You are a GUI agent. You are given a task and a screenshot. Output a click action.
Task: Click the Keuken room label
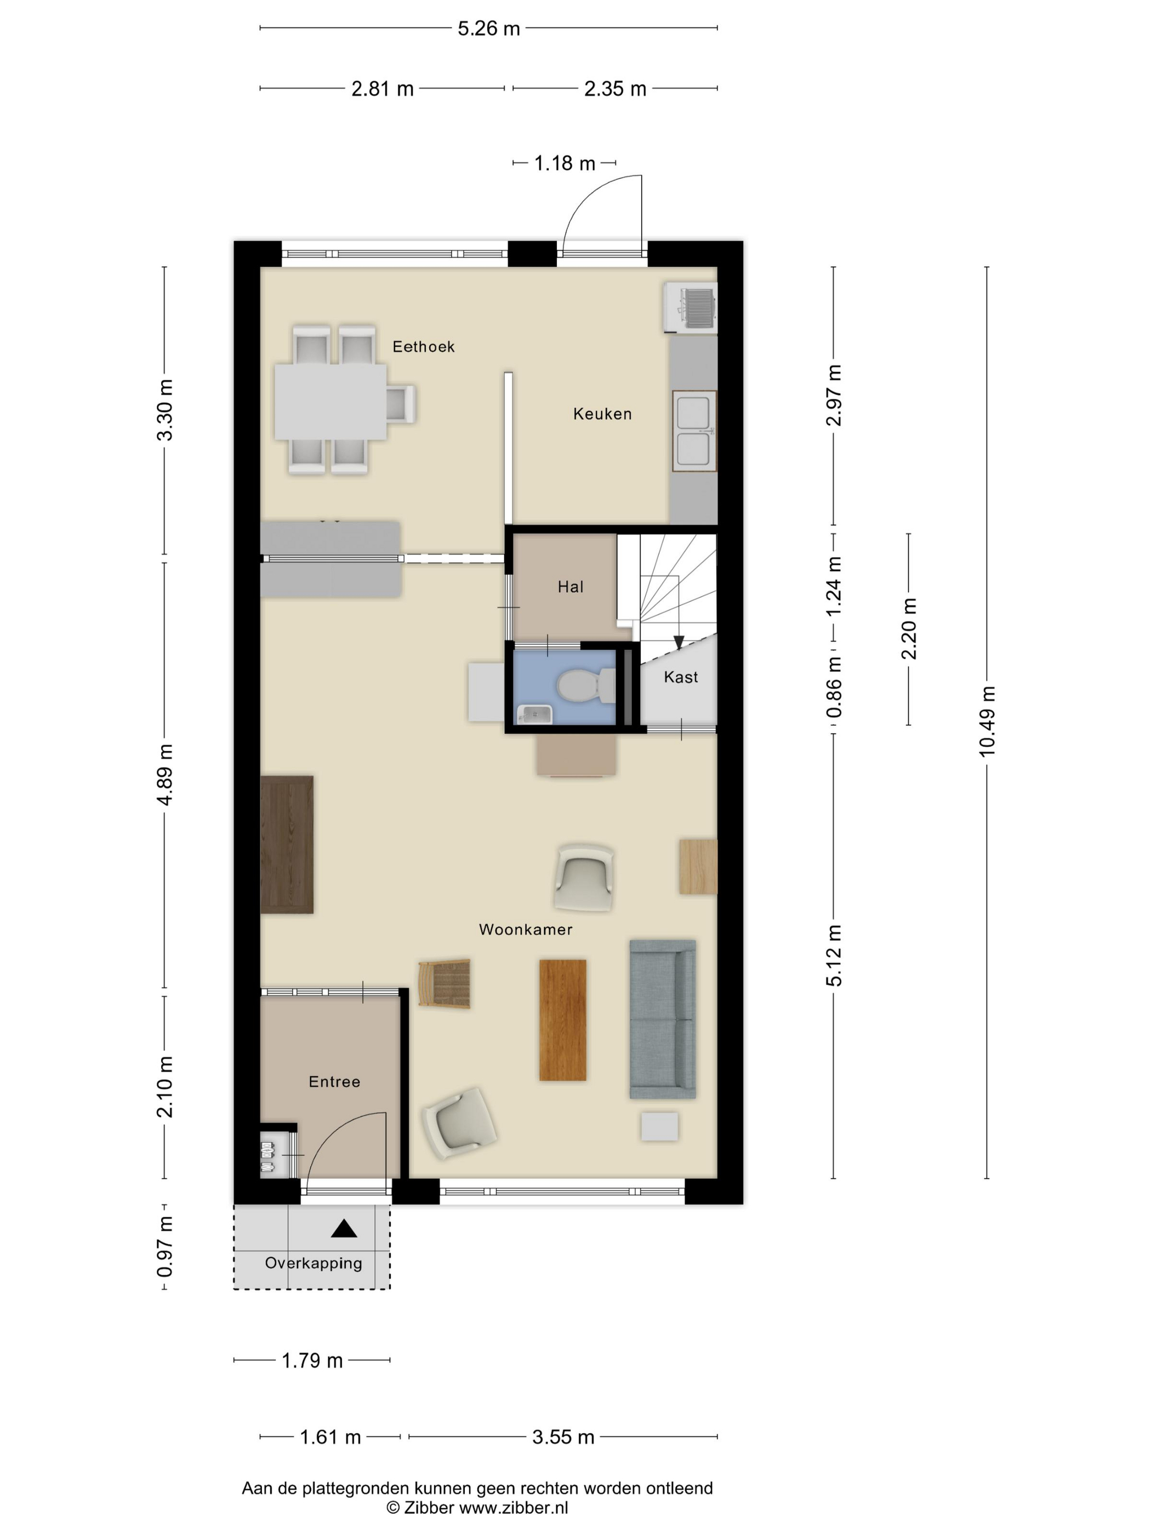pos(602,414)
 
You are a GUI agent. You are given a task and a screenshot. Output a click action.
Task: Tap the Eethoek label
pos(423,346)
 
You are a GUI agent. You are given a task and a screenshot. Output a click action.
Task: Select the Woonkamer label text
pos(525,929)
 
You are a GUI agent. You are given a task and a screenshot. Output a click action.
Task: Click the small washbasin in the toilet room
pos(534,714)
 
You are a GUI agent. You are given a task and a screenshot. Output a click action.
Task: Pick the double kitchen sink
pos(694,431)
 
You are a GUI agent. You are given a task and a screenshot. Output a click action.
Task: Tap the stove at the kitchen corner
pos(690,307)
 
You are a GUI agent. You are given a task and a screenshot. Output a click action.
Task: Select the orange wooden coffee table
pos(563,1020)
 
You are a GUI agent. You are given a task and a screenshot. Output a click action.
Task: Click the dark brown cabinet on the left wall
pos(287,844)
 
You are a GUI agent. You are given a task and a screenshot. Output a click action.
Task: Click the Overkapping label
pos(314,1263)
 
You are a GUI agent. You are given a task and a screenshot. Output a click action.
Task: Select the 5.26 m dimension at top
pos(488,28)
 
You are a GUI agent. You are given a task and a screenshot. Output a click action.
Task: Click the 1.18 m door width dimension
pos(564,163)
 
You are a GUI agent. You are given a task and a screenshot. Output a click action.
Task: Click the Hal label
pos(571,587)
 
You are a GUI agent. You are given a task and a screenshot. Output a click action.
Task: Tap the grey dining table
pos(331,402)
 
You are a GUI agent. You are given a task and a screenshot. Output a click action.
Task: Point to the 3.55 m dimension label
pos(563,1437)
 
